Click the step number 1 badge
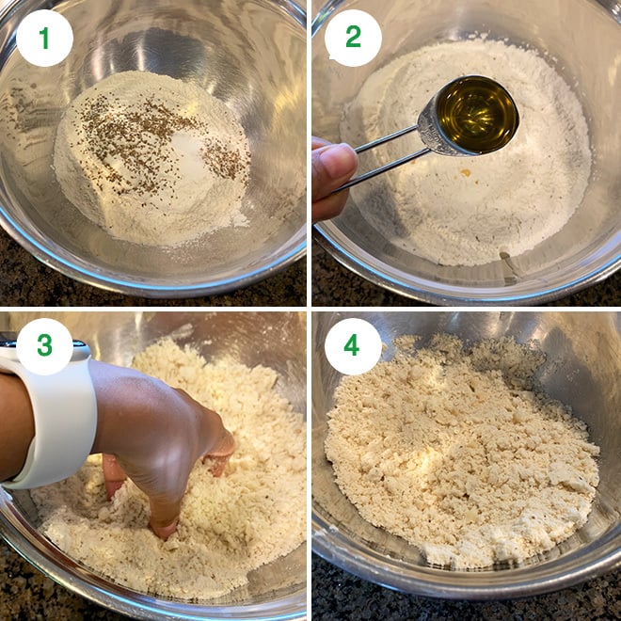(x=44, y=38)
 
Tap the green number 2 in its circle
(x=353, y=38)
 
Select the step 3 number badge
(x=44, y=345)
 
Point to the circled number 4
(x=353, y=345)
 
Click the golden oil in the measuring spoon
(x=477, y=114)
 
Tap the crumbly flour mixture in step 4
(x=461, y=452)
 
